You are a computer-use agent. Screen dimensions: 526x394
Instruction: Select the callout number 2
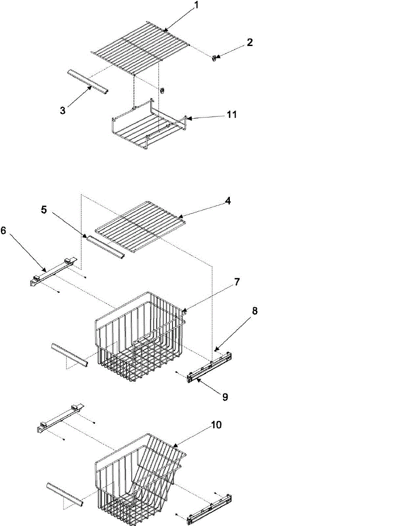[250, 43]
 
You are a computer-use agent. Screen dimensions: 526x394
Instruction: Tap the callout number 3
[63, 110]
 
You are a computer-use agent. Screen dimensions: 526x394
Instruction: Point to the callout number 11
[232, 114]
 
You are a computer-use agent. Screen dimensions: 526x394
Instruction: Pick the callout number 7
[236, 282]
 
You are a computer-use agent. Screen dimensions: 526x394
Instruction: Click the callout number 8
[254, 312]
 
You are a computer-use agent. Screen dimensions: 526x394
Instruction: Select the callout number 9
[225, 397]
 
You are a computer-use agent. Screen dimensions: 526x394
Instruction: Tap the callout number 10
[217, 425]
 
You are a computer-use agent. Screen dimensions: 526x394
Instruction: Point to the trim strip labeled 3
[88, 82]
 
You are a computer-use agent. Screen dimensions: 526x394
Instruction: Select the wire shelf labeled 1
[140, 48]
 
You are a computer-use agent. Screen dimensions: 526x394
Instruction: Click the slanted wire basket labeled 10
[140, 478]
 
